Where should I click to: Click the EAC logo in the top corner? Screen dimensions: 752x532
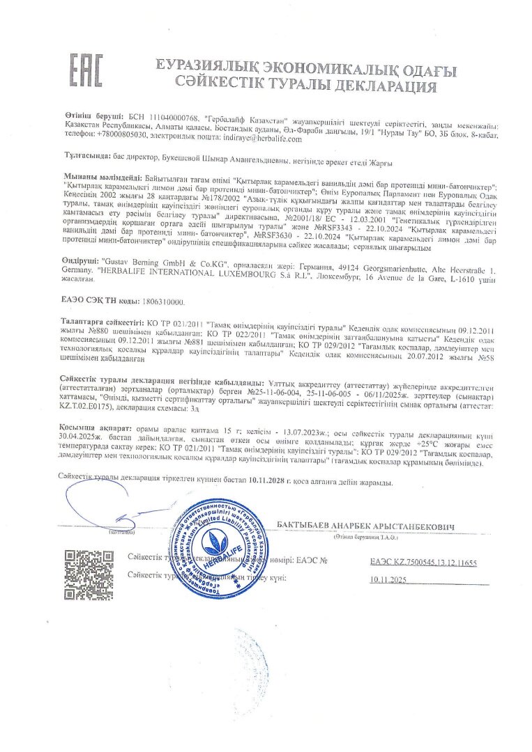(86, 72)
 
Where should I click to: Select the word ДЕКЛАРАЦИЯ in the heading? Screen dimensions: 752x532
(377, 88)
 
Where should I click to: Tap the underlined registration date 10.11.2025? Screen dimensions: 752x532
(388, 579)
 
